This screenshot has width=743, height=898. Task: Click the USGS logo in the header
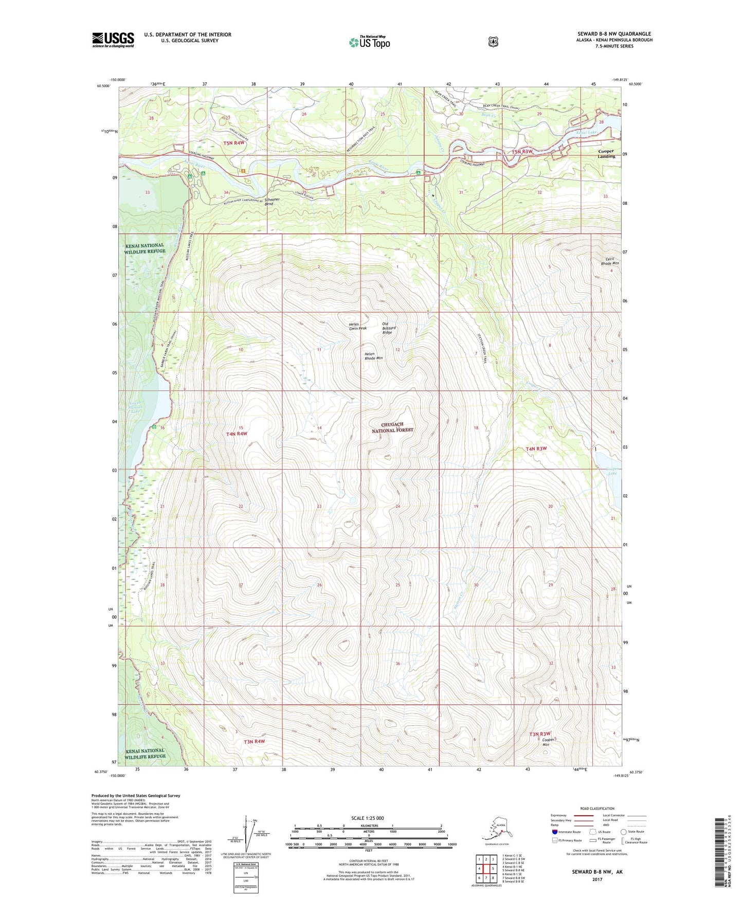(x=113, y=40)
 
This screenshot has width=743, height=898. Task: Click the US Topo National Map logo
(x=369, y=42)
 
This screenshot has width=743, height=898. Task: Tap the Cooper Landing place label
(x=606, y=154)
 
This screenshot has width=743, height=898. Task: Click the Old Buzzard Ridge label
(x=388, y=328)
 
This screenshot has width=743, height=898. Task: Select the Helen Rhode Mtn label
(x=373, y=356)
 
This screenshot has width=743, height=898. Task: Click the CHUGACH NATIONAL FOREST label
(x=392, y=427)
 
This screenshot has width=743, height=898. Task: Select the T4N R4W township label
(x=237, y=434)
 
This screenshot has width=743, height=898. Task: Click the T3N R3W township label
(x=539, y=733)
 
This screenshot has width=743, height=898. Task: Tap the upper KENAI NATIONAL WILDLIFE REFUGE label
(x=144, y=248)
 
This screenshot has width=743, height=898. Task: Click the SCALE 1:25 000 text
(x=367, y=818)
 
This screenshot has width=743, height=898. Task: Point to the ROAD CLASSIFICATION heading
(x=597, y=809)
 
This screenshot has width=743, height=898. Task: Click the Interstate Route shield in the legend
(x=554, y=831)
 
